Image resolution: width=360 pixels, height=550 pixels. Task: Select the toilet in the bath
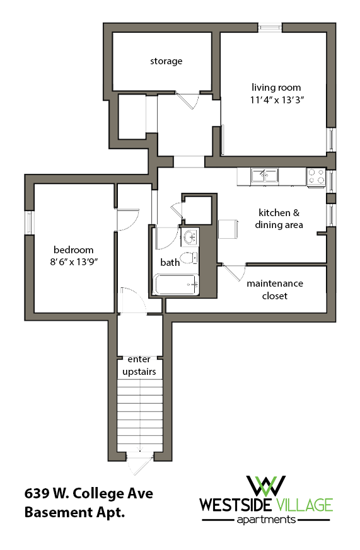[x=188, y=258]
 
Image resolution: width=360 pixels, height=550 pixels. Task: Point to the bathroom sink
[x=190, y=237]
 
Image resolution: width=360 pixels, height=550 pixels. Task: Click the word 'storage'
[x=166, y=61]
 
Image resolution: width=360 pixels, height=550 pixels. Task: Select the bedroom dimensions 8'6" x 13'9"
[x=73, y=261]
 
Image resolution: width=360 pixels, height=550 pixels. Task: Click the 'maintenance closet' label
[x=274, y=290]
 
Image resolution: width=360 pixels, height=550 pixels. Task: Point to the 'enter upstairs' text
[x=139, y=365]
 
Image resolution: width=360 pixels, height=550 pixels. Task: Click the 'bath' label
[x=170, y=262]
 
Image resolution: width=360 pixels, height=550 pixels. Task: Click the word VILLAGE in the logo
[x=303, y=505]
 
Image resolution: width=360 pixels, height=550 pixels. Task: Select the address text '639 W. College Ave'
[x=88, y=493]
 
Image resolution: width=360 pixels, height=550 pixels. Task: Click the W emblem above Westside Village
[x=265, y=485]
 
